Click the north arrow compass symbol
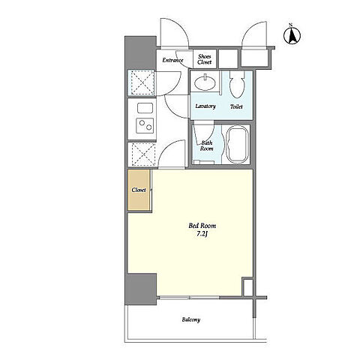coord(292,35)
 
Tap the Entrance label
coord(172,60)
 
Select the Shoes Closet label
coord(205,59)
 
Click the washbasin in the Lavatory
coord(205,83)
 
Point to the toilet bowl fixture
coord(237,85)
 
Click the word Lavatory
coord(205,106)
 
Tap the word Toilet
coord(236,106)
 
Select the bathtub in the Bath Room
coord(238,144)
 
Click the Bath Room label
coord(207,145)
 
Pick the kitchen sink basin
coord(145,108)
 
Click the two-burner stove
coord(145,125)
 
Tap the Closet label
coord(139,190)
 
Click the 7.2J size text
coord(202,234)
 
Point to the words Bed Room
coord(202,226)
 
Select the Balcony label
coord(191,319)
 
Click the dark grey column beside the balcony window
coord(141,289)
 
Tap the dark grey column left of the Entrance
coord(140,52)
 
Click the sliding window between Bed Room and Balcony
coord(189,298)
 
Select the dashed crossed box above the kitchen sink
coord(141,82)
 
